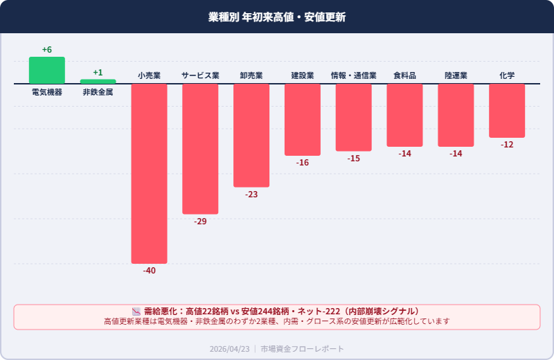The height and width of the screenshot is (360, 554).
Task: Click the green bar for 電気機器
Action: (x=46, y=71)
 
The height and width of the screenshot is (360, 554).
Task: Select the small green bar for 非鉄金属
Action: (x=98, y=82)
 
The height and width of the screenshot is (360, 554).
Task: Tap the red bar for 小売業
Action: (x=149, y=173)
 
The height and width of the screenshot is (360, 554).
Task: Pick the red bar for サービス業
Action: (x=200, y=149)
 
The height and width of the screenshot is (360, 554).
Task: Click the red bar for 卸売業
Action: (x=251, y=135)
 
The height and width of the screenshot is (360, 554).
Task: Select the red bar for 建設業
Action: (x=303, y=120)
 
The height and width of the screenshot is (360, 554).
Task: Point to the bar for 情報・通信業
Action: (x=354, y=118)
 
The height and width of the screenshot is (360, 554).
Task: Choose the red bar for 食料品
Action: (x=405, y=115)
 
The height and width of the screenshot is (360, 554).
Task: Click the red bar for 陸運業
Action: (x=456, y=115)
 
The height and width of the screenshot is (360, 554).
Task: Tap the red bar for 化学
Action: (x=507, y=111)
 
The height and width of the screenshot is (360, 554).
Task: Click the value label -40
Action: (x=149, y=271)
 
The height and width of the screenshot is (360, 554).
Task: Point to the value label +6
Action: (x=46, y=50)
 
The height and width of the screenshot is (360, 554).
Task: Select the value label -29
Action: (x=200, y=222)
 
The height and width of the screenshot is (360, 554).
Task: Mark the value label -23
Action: (x=251, y=195)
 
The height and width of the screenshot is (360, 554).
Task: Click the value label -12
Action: (x=507, y=145)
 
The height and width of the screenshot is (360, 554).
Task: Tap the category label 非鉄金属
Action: (x=98, y=92)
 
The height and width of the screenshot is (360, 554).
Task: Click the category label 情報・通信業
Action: (x=354, y=75)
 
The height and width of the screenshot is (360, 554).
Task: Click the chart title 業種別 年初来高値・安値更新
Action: (x=277, y=17)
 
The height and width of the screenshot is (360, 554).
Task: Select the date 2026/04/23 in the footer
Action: (x=230, y=349)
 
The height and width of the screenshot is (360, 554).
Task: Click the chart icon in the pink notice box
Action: (x=136, y=312)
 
